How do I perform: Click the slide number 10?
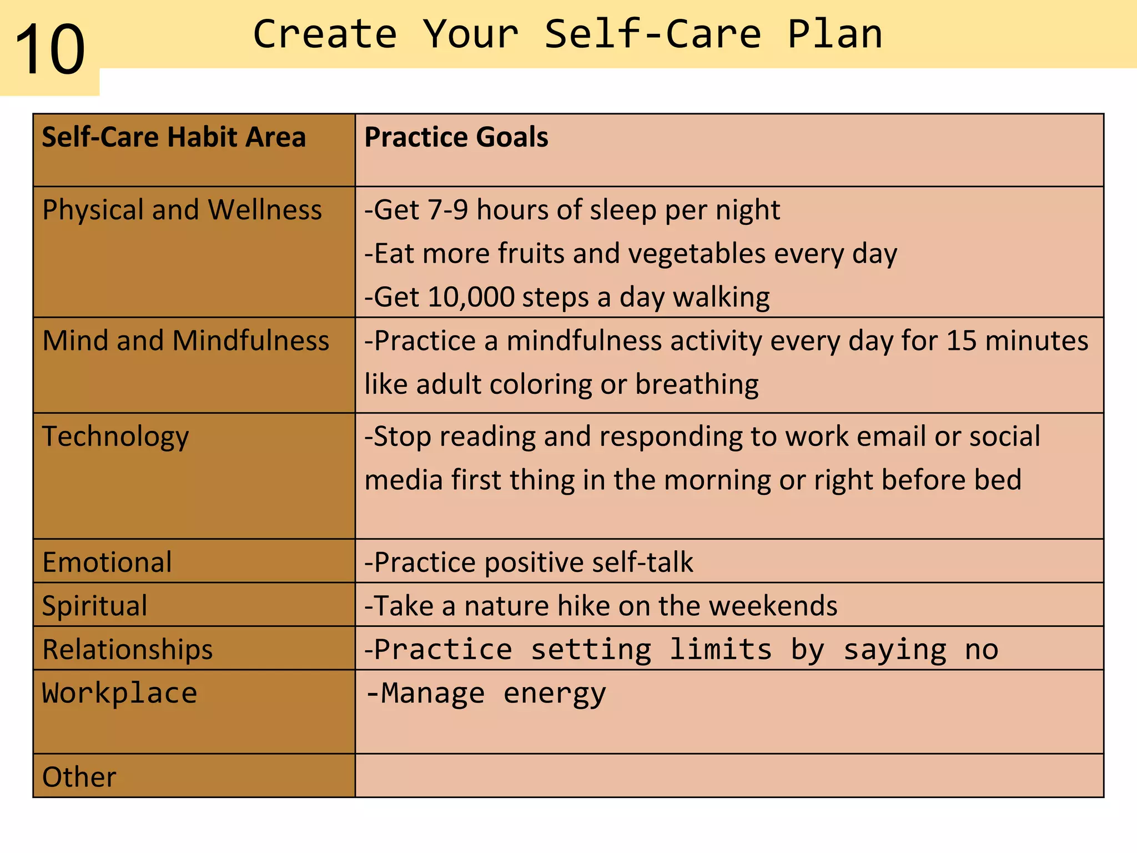pyautogui.click(x=50, y=50)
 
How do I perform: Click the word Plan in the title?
pyautogui.click(x=834, y=34)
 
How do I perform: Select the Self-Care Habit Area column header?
pyautogui.click(x=174, y=137)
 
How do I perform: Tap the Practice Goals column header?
pyautogui.click(x=456, y=137)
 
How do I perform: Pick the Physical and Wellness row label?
pyautogui.click(x=182, y=210)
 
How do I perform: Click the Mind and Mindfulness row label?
pyautogui.click(x=185, y=340)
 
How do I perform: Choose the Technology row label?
pyautogui.click(x=115, y=436)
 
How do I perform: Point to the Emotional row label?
pyautogui.click(x=107, y=562)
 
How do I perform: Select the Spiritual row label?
pyautogui.click(x=95, y=605)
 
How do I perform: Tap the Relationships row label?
pyautogui.click(x=128, y=649)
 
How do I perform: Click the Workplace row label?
pyautogui.click(x=120, y=693)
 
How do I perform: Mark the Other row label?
pyautogui.click(x=79, y=777)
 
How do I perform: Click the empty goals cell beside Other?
pyautogui.click(x=729, y=776)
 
